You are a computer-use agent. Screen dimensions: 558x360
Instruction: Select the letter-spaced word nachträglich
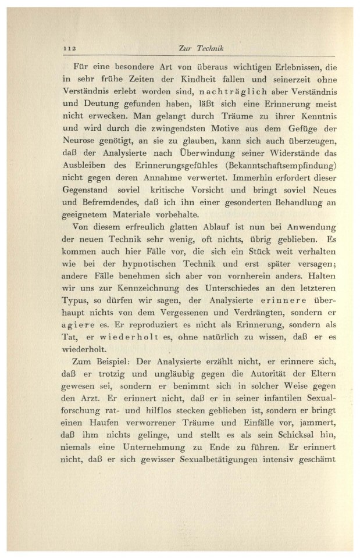pyautogui.click(x=240, y=91)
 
